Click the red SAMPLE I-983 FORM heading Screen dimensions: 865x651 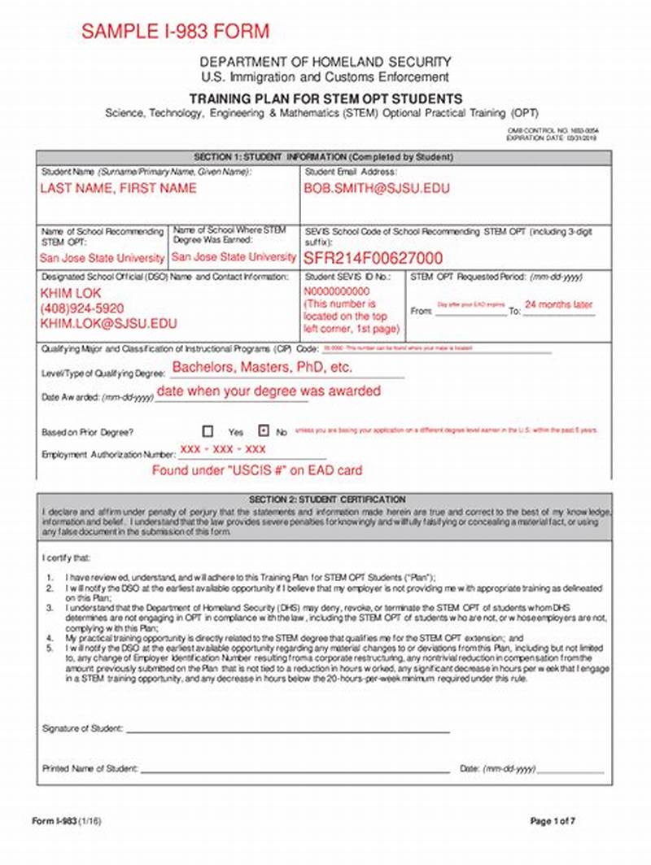[x=174, y=32]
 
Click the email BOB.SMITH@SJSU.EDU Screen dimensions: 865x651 [x=377, y=188]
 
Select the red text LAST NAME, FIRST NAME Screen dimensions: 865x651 [x=118, y=188]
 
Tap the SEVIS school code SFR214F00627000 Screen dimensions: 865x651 [x=374, y=258]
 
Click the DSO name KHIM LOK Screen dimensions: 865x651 [x=72, y=293]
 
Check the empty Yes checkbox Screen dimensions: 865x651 [x=208, y=431]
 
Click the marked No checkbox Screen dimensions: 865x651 [x=263, y=431]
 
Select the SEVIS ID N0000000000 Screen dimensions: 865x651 [x=337, y=291]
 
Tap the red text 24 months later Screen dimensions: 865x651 [x=558, y=305]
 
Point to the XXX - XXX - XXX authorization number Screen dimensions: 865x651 [x=223, y=449]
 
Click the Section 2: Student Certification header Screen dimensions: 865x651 [x=326, y=499]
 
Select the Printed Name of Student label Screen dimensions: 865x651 [x=90, y=768]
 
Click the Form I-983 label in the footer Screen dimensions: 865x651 [x=55, y=820]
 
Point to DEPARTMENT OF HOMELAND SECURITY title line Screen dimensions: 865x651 [x=325, y=63]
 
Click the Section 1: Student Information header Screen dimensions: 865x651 [x=323, y=156]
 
